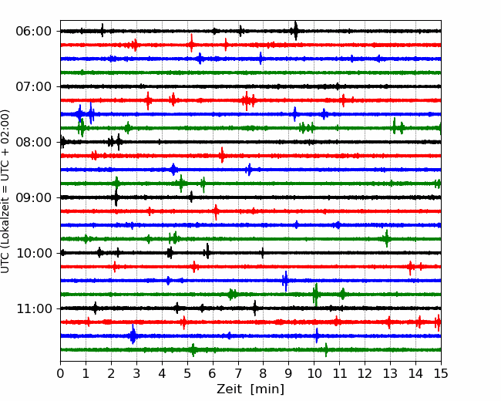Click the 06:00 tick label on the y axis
(34, 32)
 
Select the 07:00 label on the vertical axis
(34, 86)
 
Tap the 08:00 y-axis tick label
(34, 142)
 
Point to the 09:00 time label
(34, 197)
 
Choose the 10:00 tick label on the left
(34, 253)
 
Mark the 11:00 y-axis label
(34, 308)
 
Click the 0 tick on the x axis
(60, 373)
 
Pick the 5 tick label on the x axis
(187, 373)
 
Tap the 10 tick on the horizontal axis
(314, 373)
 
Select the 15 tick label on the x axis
(441, 373)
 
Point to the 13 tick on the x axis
(390, 373)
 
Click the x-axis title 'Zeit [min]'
(250, 389)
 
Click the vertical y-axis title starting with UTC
(5, 191)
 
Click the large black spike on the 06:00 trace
(295, 31)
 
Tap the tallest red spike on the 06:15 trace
(191, 43)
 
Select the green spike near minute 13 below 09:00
(387, 238)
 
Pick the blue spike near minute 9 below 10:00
(286, 281)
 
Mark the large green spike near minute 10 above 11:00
(316, 295)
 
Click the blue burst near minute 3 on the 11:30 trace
(133, 335)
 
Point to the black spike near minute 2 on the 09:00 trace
(116, 197)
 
